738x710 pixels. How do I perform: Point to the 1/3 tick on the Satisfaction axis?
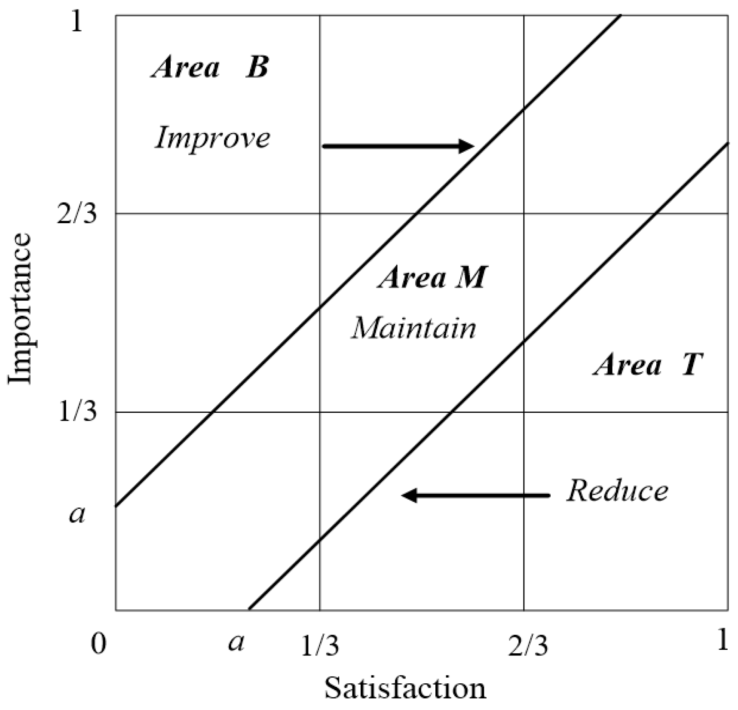pos(320,646)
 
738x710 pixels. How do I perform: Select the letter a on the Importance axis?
pos(77,514)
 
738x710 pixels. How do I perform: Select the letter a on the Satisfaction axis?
pos(236,642)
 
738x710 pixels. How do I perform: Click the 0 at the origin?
pos(98,644)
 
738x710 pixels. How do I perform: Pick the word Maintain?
pos(414,329)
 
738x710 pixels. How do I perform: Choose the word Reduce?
pos(617,491)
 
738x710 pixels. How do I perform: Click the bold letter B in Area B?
pos(257,68)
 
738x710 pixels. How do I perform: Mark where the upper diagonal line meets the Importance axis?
pos(116,506)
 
